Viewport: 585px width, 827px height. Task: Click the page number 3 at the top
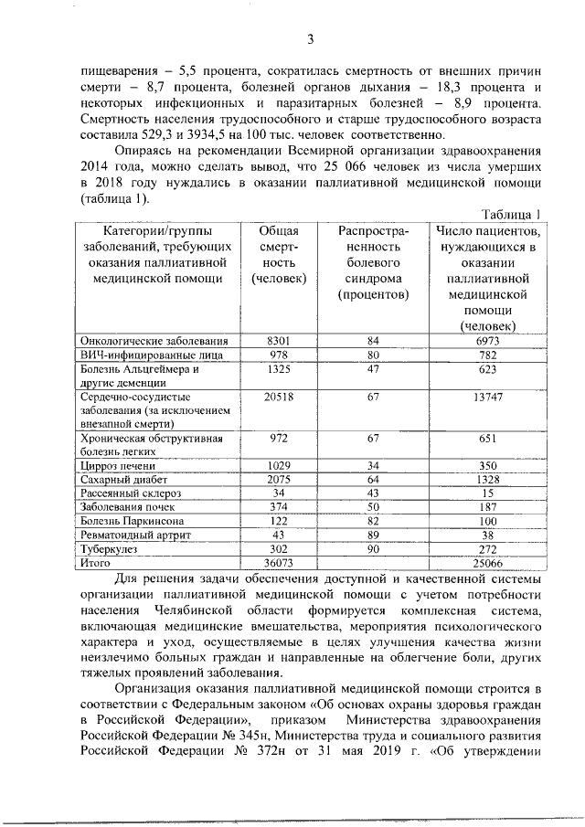[310, 38]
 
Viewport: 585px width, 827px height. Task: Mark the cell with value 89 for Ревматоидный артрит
[373, 535]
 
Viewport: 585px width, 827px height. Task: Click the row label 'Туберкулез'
[108, 550]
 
